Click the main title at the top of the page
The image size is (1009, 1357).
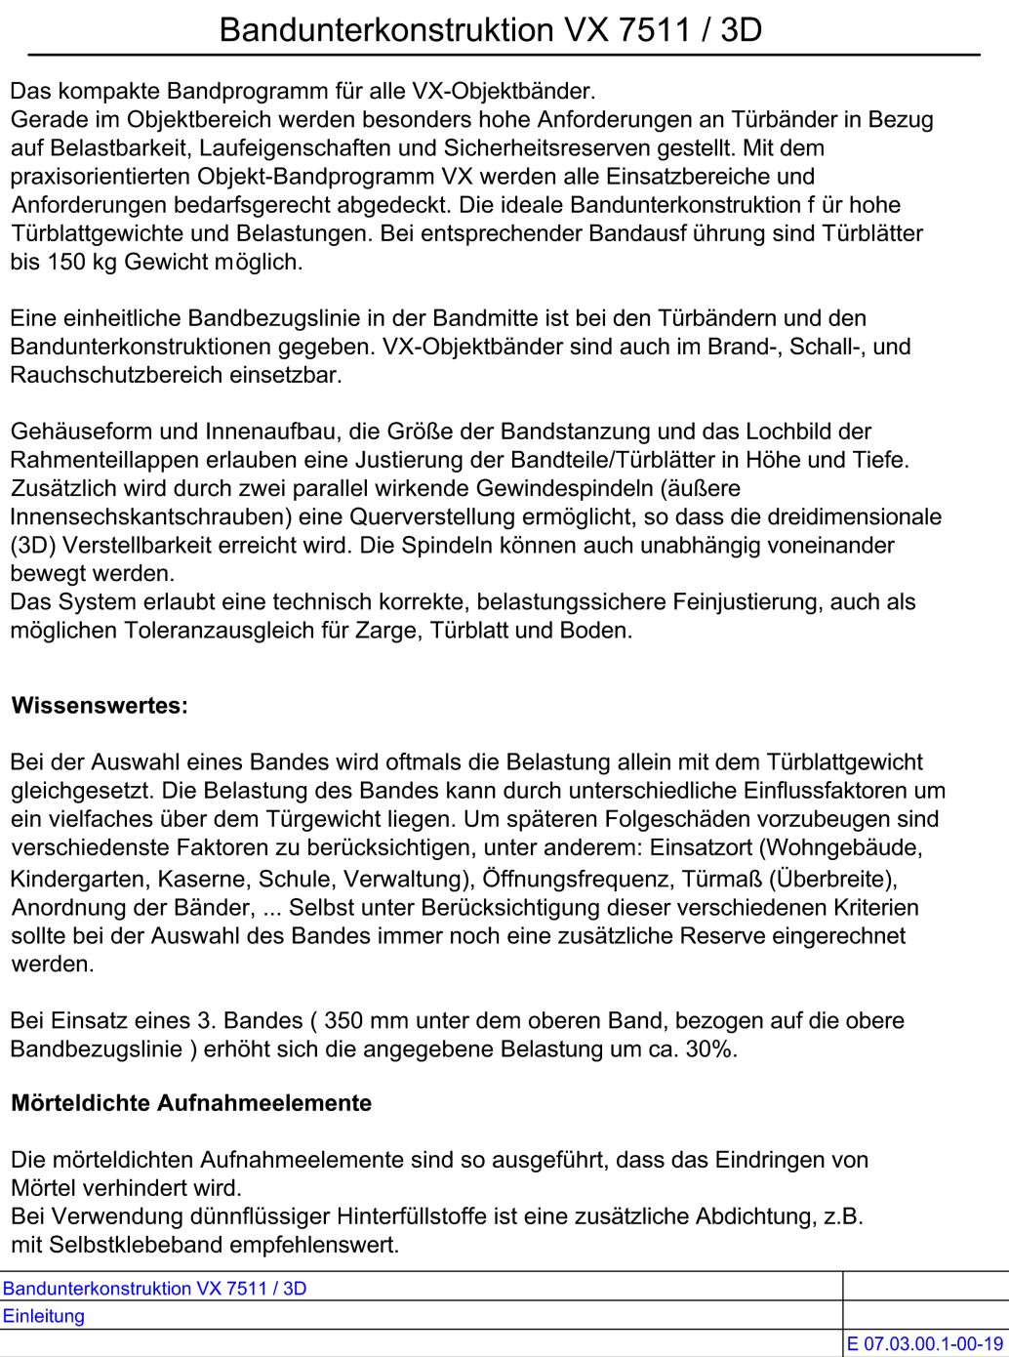click(490, 30)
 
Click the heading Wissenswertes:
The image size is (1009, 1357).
click(100, 706)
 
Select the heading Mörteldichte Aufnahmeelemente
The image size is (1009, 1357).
click(191, 1103)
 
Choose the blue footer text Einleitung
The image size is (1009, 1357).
click(44, 1316)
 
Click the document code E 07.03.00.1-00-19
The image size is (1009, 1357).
click(924, 1344)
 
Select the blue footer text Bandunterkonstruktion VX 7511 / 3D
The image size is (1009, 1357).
click(154, 1289)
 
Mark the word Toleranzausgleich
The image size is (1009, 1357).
click(223, 631)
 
